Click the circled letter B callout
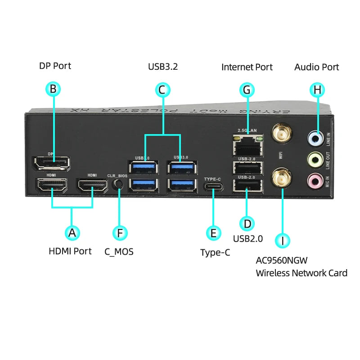[53, 89]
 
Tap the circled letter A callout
[72, 233]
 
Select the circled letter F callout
[119, 233]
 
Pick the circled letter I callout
[282, 240]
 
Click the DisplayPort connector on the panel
[51, 163]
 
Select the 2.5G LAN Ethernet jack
[247, 145]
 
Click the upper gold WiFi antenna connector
[282, 133]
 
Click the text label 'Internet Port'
[247, 67]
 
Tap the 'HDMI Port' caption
[70, 251]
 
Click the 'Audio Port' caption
[316, 67]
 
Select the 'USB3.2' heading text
[163, 67]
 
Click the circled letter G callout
[246, 90]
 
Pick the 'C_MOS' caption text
[119, 252]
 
